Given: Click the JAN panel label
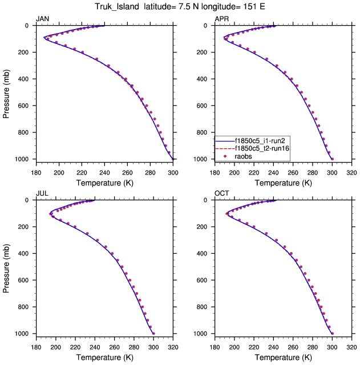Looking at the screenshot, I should [x=42, y=19].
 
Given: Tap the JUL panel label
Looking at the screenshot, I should [x=42, y=194].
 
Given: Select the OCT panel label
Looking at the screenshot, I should [x=221, y=194].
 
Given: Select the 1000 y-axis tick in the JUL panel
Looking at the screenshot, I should [x=23, y=334].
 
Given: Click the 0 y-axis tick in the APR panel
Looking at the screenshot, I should [x=208, y=26].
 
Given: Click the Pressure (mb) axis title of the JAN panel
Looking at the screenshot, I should [x=7, y=92].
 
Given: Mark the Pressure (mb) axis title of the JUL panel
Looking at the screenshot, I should [x=7, y=266].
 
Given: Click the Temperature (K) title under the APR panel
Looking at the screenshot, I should [x=284, y=182].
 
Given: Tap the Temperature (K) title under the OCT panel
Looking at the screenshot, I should [x=284, y=357].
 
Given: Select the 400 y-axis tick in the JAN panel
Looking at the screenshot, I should [x=25, y=79].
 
